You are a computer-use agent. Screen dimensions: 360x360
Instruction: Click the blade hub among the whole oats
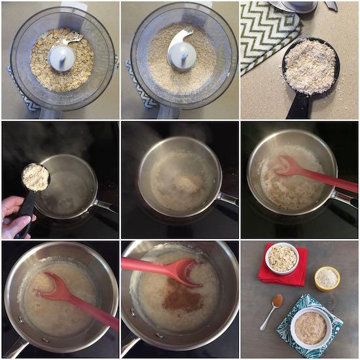[x=62, y=58]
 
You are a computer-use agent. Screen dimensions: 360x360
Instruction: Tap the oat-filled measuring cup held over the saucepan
[x=35, y=177]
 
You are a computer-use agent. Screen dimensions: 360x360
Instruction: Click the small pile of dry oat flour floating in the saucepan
[x=187, y=183]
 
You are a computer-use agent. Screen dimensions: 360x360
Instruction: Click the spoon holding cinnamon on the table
[x=277, y=301]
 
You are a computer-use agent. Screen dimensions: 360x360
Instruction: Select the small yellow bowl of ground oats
[x=327, y=278]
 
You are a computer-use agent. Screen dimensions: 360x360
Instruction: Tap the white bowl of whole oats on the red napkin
[x=282, y=259]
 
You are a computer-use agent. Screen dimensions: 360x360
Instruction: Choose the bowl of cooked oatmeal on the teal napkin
[x=310, y=327]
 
